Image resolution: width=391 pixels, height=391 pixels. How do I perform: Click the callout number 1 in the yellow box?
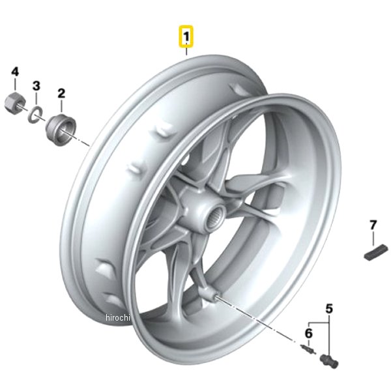(186, 37)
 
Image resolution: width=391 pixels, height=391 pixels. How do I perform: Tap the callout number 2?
(61, 93)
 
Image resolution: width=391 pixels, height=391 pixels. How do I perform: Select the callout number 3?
(36, 86)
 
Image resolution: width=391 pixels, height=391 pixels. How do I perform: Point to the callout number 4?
(15, 72)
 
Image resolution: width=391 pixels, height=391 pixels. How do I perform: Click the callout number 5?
(329, 309)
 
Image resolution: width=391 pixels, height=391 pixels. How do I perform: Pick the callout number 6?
(309, 334)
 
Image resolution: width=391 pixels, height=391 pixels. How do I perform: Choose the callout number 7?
(373, 225)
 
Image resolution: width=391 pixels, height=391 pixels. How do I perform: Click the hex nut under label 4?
(15, 102)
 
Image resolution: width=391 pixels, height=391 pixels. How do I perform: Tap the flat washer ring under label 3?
(35, 114)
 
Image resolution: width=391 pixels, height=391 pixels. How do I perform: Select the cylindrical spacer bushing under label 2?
(61, 130)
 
